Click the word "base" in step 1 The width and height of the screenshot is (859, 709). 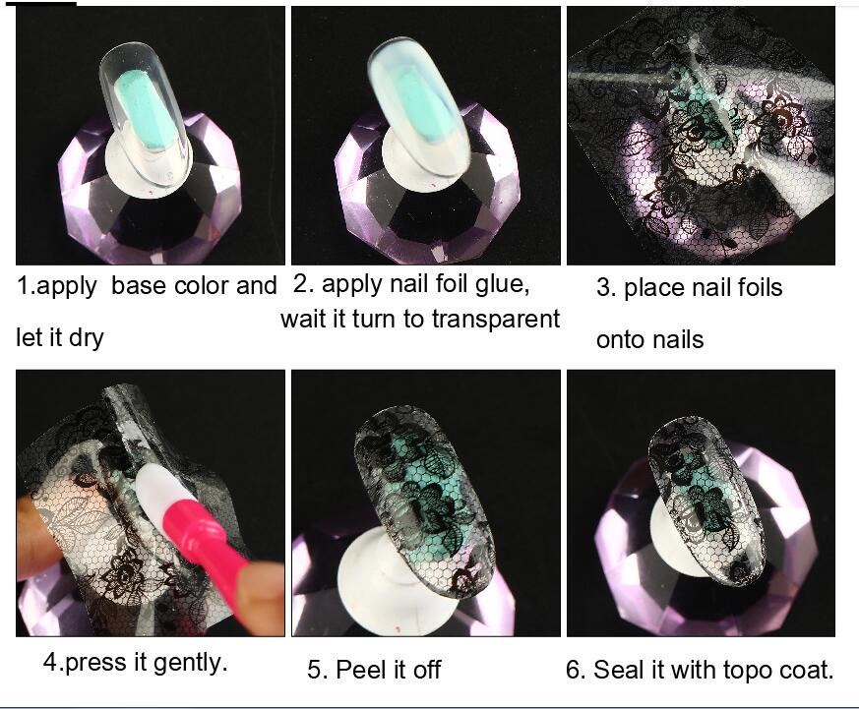click(x=139, y=286)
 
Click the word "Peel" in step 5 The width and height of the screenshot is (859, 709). click(x=358, y=669)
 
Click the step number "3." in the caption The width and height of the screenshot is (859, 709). click(x=606, y=288)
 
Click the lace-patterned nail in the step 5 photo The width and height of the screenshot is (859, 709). click(x=425, y=501)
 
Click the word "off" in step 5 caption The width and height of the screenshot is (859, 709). click(x=427, y=669)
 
